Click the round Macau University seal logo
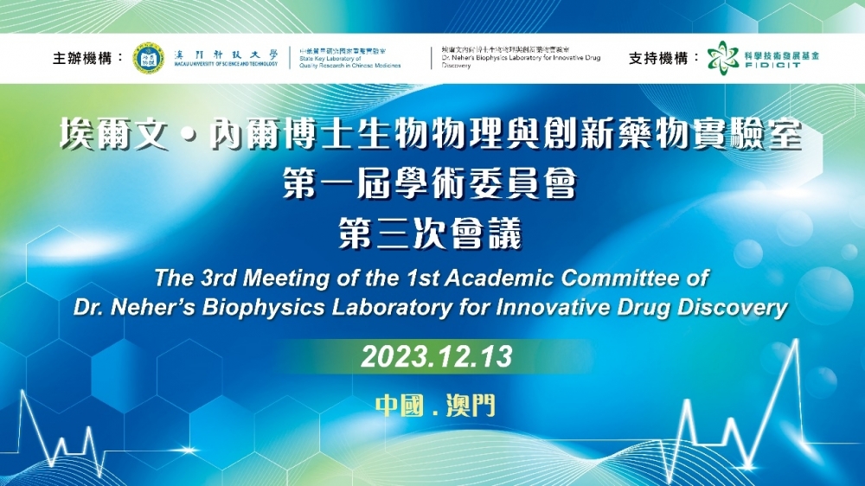[x=148, y=58]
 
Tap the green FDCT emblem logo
[x=722, y=58]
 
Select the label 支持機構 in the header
[x=663, y=59]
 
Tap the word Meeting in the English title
[x=280, y=279]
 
